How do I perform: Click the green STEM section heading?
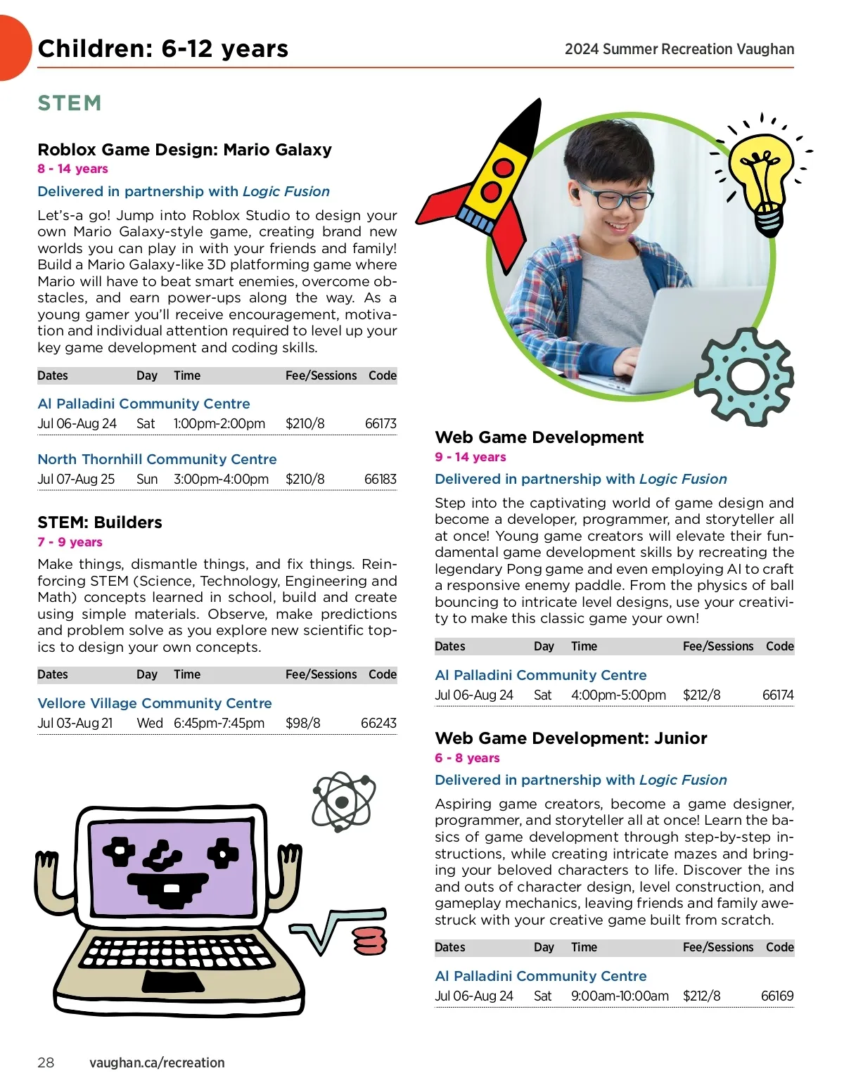70,103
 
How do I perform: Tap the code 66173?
381,423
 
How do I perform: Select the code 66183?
380,479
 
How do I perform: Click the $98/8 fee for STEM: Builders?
302,723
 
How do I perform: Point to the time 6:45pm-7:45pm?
219,723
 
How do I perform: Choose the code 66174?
778,695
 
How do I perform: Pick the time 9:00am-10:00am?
620,996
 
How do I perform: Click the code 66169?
777,996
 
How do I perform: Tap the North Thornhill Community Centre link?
157,459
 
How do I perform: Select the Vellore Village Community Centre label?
155,703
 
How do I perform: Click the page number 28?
46,1062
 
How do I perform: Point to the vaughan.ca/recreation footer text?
157,1062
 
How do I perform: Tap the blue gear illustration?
744,376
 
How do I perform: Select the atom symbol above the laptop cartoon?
343,802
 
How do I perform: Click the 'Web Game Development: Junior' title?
570,738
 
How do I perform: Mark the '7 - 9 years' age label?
70,542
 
